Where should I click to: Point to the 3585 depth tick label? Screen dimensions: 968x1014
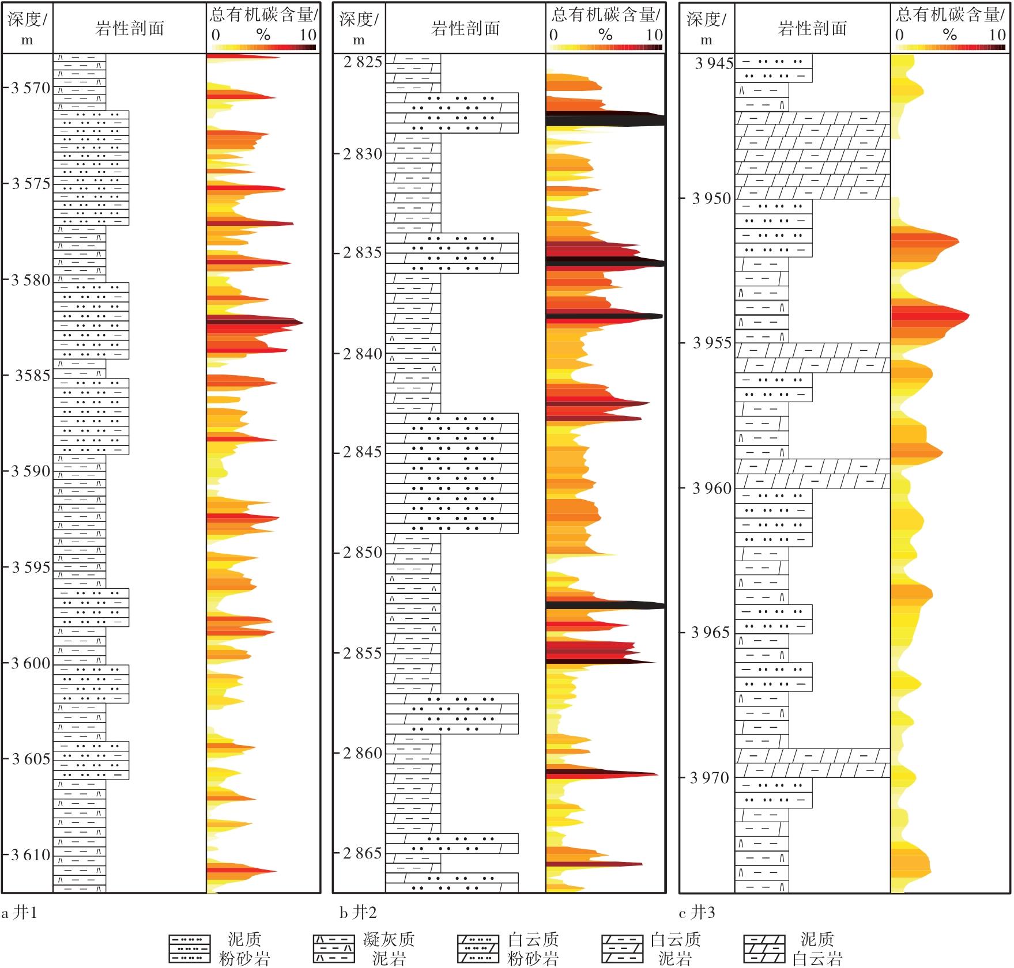coord(32,376)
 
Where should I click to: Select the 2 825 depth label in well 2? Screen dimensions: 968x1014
coord(363,62)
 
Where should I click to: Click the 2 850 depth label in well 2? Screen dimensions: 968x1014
coord(363,553)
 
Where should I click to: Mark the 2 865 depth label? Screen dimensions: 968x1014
coord(363,853)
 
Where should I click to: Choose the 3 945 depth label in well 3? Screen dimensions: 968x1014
coord(714,63)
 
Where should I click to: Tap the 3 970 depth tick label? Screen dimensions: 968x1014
coord(710,778)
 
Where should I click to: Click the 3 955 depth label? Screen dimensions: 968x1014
coord(711,343)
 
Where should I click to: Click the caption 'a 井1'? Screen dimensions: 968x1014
coord(20,913)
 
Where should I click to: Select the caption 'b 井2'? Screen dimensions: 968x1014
coord(358,913)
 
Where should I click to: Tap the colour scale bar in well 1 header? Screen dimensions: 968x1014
coord(263,47)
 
